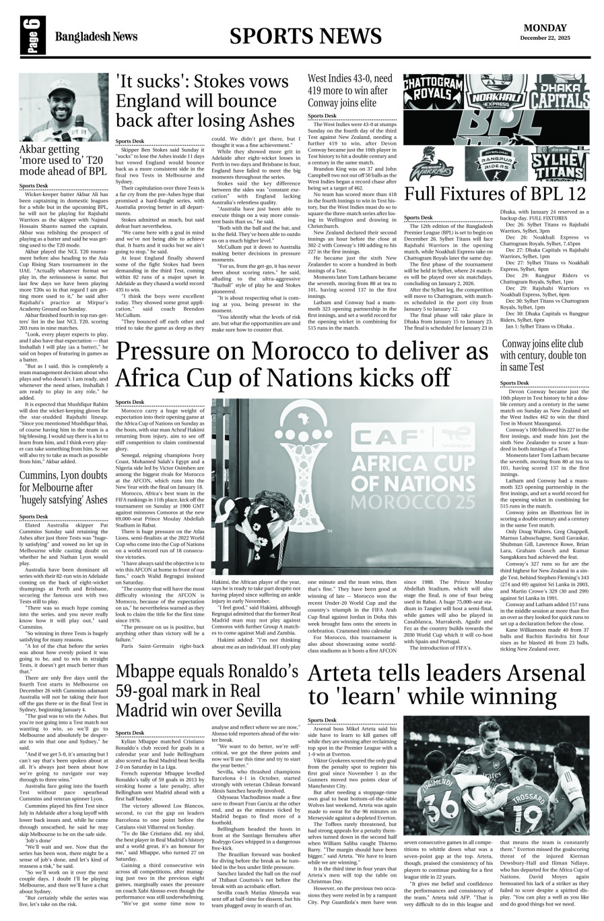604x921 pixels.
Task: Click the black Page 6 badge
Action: click(x=31, y=36)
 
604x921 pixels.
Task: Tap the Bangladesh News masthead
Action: click(x=96, y=37)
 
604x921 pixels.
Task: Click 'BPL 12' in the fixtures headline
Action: click(x=554, y=194)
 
